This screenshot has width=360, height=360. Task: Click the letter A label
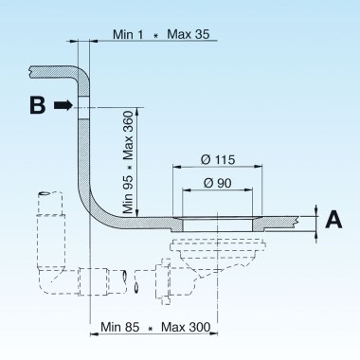333,221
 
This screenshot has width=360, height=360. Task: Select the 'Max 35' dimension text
189,34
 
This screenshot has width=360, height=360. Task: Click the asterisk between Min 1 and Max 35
154,36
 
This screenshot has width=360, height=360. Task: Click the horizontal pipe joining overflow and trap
104,282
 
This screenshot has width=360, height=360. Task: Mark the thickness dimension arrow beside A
314,221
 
